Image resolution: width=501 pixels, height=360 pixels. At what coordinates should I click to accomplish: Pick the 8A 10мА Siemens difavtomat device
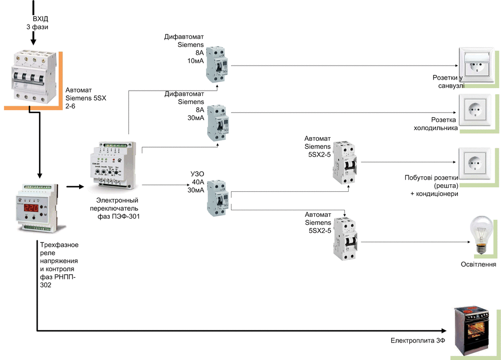point(218,64)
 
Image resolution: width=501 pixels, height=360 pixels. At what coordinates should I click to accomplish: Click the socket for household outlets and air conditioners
point(474,162)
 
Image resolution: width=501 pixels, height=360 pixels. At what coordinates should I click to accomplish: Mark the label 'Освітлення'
point(479,264)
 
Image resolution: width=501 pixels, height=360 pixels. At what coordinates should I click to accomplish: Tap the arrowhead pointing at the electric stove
point(443,330)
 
